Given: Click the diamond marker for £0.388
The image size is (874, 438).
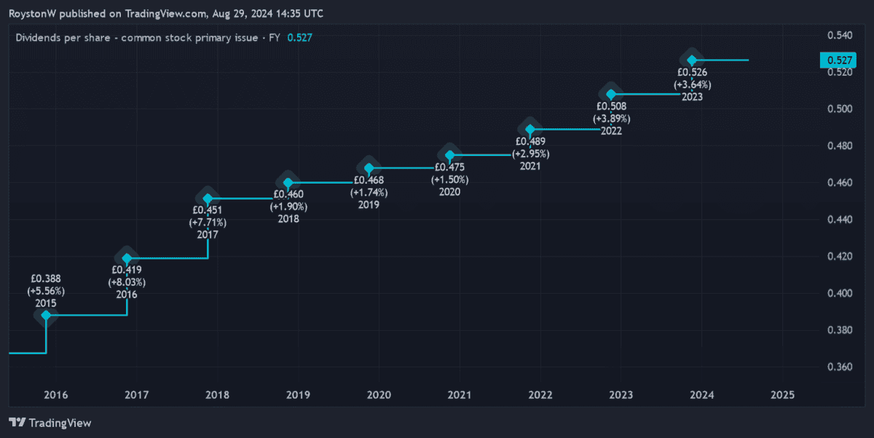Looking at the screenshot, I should click(x=47, y=316).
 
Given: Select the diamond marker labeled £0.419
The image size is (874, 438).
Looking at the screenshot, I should click(x=127, y=258).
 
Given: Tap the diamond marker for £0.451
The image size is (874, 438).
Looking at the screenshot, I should click(x=208, y=198).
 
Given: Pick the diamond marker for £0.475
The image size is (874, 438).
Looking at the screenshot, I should click(x=450, y=155).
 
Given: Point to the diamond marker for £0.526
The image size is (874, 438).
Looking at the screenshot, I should click(x=692, y=60).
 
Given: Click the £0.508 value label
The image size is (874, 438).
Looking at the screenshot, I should click(x=612, y=106).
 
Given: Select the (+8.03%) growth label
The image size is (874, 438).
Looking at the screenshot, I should click(x=127, y=282).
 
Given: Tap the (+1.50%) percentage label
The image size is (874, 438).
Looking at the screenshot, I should click(x=449, y=179).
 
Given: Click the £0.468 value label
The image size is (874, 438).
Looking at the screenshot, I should click(x=369, y=179).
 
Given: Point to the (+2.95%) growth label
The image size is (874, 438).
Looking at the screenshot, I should click(x=530, y=154).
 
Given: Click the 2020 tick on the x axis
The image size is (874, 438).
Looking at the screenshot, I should click(x=379, y=395).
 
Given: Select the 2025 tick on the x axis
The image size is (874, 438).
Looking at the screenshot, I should click(x=782, y=395).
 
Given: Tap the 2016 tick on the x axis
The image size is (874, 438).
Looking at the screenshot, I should click(x=56, y=395).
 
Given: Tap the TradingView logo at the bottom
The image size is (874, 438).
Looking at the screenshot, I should click(x=50, y=423).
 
